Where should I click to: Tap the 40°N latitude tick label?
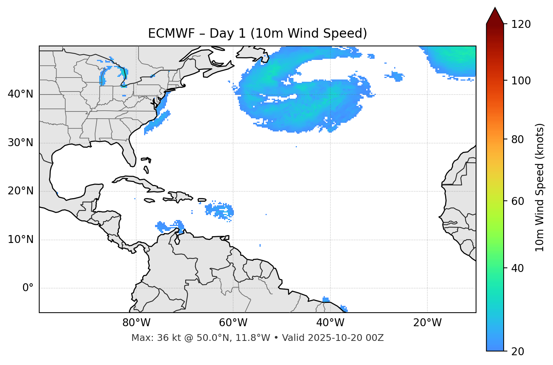(20, 94)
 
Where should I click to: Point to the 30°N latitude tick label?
(20, 143)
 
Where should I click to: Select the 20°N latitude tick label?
(20, 191)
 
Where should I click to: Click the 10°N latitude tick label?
(20, 240)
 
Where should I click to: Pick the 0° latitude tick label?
(28, 288)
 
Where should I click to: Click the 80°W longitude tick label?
(136, 323)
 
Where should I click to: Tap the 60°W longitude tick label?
(233, 323)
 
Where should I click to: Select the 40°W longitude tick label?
(330, 323)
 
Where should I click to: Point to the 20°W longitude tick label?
(427, 323)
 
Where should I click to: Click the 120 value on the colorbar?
(521, 24)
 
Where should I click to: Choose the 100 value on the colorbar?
(521, 81)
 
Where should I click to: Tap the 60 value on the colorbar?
(518, 201)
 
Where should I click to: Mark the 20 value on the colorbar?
(518, 351)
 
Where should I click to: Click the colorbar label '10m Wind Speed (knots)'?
(540, 187)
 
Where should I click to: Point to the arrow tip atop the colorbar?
(495, 8)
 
